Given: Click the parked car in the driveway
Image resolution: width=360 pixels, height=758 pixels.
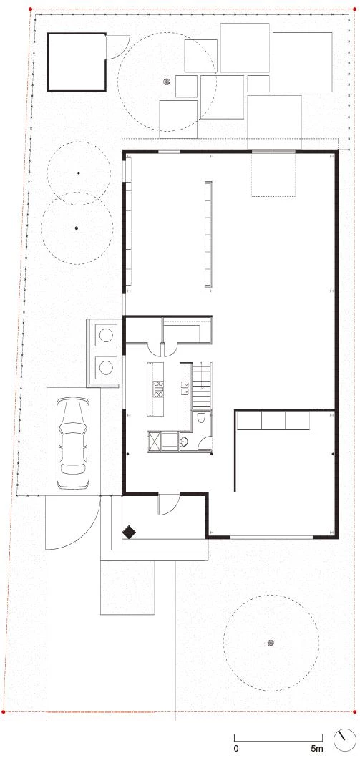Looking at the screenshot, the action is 73,443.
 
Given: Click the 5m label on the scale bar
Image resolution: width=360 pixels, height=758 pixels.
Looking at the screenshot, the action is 316,748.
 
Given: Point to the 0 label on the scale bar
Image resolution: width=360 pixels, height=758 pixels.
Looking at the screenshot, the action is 235,748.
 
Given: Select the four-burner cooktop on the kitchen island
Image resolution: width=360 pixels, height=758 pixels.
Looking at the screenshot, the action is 158,389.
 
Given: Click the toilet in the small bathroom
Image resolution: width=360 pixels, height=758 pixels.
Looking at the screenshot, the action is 202,417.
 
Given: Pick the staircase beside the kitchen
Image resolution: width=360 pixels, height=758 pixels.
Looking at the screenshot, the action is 202,387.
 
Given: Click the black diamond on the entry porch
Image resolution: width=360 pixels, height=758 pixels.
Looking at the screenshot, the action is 129,532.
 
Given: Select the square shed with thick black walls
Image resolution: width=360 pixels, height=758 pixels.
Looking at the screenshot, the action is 77,62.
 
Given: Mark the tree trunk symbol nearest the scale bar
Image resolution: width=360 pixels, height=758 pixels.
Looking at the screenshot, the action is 271,643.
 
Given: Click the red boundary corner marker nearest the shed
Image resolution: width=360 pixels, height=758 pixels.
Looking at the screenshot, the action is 31,9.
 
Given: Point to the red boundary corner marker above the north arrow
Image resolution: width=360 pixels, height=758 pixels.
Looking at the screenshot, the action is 356,711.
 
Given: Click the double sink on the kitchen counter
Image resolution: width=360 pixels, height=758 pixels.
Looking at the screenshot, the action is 184,386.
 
